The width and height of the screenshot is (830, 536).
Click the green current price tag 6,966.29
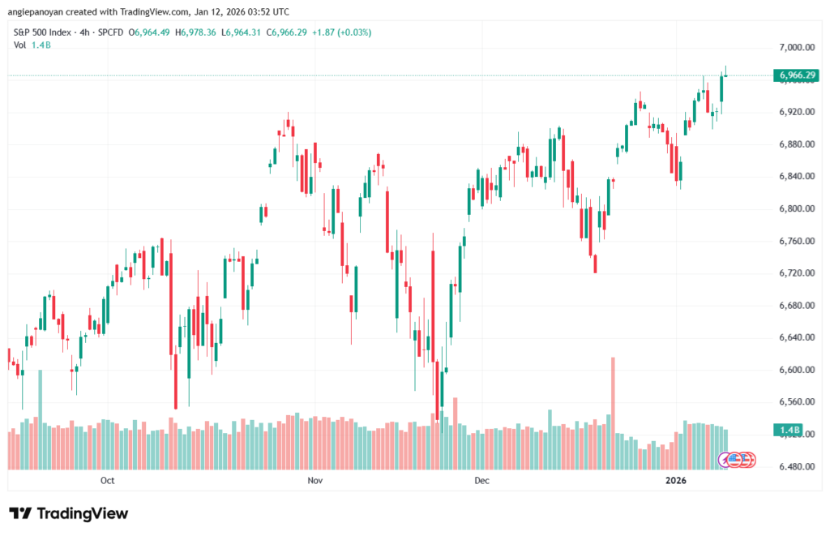pyautogui.click(x=797, y=75)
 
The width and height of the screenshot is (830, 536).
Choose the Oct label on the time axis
pyautogui.click(x=107, y=481)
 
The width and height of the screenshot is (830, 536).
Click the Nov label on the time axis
pyautogui.click(x=315, y=481)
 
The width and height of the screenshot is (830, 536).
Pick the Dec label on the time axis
pyautogui.click(x=481, y=481)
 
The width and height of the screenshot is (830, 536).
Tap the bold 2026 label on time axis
pyautogui.click(x=675, y=481)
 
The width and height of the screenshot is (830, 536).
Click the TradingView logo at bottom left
pyautogui.click(x=68, y=513)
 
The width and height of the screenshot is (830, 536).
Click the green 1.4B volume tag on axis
pyautogui.click(x=788, y=429)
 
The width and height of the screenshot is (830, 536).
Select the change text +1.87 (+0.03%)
pyautogui.click(x=310, y=32)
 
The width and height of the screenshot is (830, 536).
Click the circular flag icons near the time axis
pyautogui.click(x=738, y=460)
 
